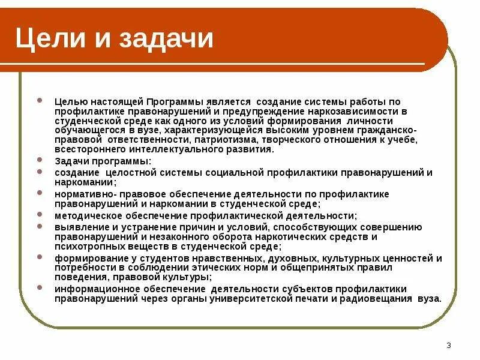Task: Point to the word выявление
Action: pyautogui.click(x=78, y=227)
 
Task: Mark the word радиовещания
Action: pyautogui.click(x=374, y=298)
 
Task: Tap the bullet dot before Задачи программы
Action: pyautogui.click(x=40, y=161)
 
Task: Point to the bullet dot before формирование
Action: pyautogui.click(x=40, y=256)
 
